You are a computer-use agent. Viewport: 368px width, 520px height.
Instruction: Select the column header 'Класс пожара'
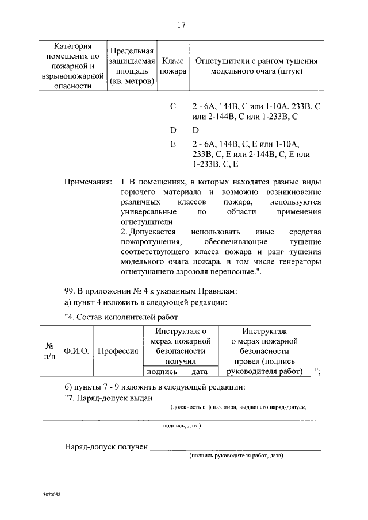pyautogui.click(x=173, y=66)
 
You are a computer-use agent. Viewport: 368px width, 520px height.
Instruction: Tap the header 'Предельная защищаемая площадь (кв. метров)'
pyautogui.click(x=132, y=66)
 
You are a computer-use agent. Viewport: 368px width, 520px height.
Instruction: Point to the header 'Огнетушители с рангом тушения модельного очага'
pyautogui.click(x=256, y=66)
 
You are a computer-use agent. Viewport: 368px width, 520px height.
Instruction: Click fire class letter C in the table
pyautogui.click(x=173, y=107)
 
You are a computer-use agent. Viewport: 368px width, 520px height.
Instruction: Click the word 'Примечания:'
pyautogui.click(x=88, y=182)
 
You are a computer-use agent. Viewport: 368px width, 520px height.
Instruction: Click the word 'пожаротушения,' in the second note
pyautogui.click(x=149, y=242)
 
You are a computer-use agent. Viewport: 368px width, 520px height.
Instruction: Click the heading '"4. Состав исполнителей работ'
pyautogui.click(x=117, y=317)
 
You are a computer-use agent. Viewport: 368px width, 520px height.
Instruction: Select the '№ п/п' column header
pyautogui.click(x=50, y=352)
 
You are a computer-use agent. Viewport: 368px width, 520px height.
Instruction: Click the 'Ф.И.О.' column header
pyautogui.click(x=76, y=352)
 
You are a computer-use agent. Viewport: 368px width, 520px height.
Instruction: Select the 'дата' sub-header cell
pyautogui.click(x=199, y=371)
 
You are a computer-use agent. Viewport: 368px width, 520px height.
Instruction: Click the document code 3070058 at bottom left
pyautogui.click(x=52, y=494)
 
